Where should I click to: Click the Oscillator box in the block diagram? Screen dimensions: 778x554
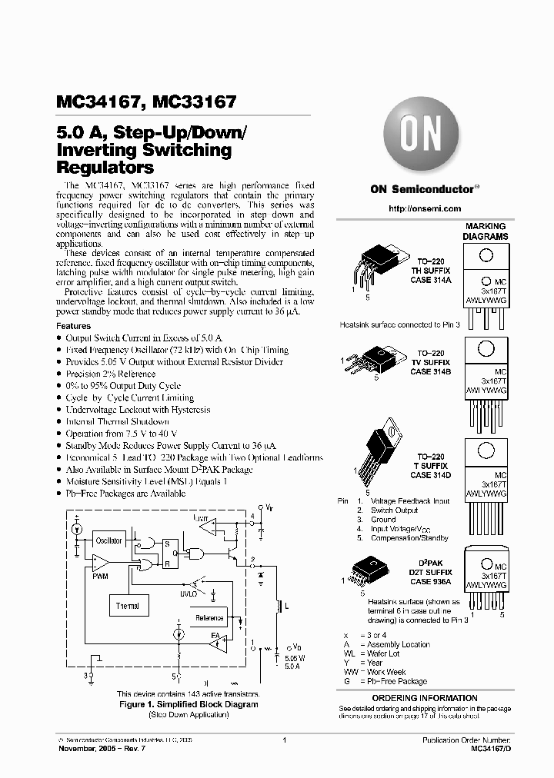[x=108, y=540]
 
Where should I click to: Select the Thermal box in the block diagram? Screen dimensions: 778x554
[x=128, y=606]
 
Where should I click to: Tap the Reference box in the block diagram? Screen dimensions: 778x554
[x=209, y=617]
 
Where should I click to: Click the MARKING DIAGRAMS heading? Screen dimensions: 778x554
[x=486, y=231]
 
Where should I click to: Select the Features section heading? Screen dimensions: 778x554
[x=75, y=326]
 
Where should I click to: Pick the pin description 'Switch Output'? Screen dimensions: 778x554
[x=395, y=510]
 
